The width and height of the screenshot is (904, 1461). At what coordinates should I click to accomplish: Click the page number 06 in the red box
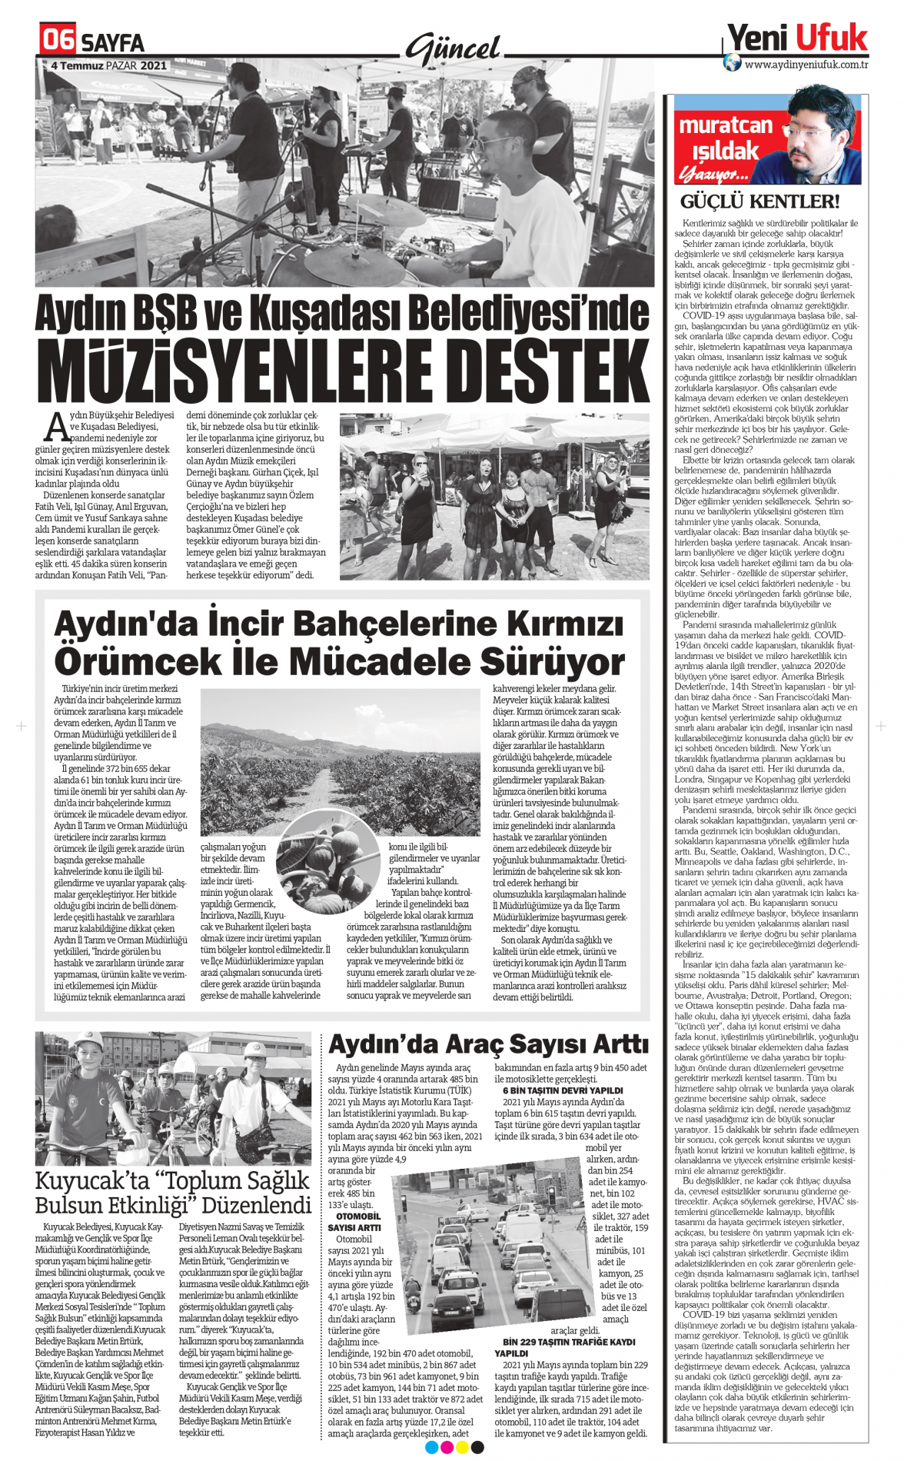58,38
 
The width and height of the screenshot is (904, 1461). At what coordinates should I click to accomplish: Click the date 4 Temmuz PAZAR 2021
108,66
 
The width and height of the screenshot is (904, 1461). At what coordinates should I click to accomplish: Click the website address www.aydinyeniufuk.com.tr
806,65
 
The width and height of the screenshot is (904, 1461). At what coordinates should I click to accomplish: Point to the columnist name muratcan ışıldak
725,137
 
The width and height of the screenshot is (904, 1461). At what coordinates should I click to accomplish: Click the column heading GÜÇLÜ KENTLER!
759,202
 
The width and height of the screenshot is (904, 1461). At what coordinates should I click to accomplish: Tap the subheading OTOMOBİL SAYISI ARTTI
354,1222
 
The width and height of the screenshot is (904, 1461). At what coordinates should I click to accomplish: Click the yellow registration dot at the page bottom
462,1448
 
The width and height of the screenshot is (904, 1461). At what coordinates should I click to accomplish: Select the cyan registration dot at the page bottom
431,1448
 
